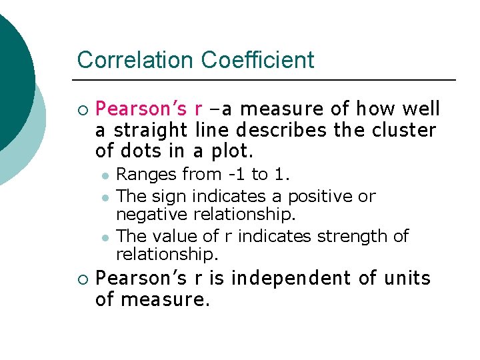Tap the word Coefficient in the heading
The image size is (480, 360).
[x=257, y=60]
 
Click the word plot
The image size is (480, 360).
[x=231, y=151]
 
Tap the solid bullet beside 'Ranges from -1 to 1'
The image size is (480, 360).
[x=105, y=175]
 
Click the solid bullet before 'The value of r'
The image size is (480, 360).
[x=105, y=237]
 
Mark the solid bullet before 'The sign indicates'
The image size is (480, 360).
[x=105, y=197]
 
